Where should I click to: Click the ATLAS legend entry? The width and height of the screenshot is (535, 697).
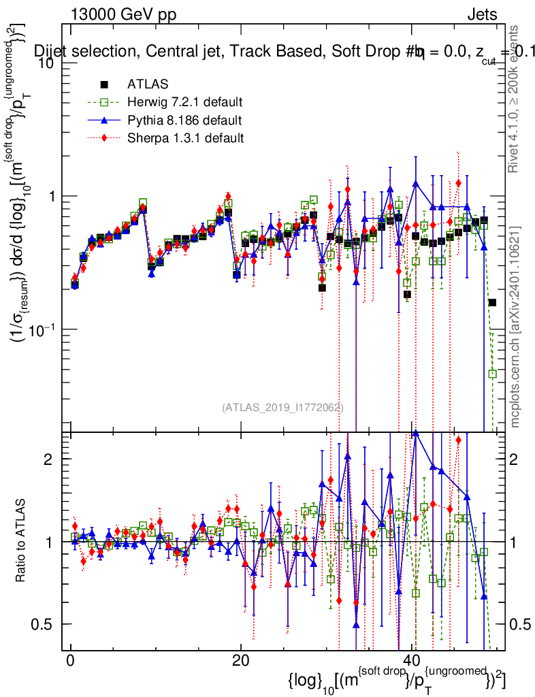pyautogui.click(x=144, y=85)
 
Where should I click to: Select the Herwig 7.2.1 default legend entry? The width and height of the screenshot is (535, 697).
pyautogui.click(x=184, y=103)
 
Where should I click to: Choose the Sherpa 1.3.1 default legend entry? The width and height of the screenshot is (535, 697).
pyautogui.click(x=185, y=139)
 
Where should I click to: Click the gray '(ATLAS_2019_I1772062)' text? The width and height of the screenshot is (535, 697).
pyautogui.click(x=282, y=408)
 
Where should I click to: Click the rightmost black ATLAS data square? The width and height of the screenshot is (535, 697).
pyautogui.click(x=492, y=302)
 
